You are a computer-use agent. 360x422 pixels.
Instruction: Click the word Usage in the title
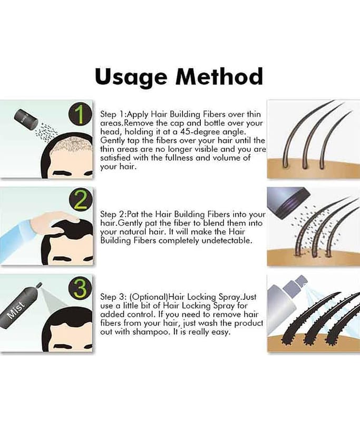(131, 77)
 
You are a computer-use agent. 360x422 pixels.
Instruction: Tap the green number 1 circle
(80, 115)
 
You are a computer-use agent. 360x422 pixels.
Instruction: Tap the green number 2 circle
(81, 202)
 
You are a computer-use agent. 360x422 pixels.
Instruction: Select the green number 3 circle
(81, 288)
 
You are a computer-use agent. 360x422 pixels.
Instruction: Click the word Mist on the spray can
(16, 309)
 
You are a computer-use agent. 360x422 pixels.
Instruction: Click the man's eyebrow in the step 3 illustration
(62, 346)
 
